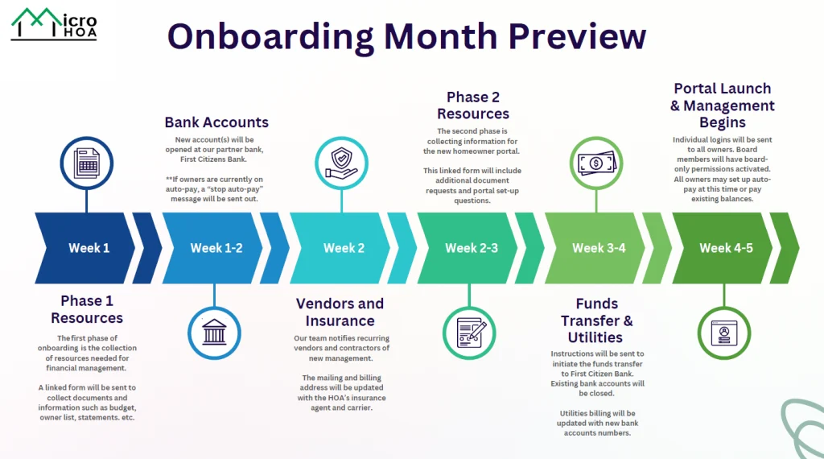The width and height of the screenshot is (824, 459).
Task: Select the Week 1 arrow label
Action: pos(89,248)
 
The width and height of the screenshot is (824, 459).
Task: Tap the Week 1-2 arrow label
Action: pos(216,248)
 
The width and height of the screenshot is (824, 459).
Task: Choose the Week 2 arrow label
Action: pos(344,248)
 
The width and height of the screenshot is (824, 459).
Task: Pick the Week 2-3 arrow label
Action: pos(472,248)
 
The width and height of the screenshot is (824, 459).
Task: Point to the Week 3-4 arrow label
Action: pos(599,248)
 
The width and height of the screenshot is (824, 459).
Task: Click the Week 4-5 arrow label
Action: pos(726,248)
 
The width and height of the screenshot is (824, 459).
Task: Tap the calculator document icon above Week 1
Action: pos(86,163)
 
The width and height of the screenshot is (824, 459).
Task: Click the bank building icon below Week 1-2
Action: pos(214,333)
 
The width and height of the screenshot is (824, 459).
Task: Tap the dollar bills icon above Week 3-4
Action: pos(596,163)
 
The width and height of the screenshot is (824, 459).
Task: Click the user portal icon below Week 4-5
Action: pos(723,333)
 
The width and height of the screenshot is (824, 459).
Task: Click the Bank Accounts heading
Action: pos(216,122)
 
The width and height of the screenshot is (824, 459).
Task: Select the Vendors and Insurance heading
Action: pos(340,312)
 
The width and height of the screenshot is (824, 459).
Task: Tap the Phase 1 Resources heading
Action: pos(87,309)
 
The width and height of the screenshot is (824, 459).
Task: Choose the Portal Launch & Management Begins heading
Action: pos(722,105)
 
